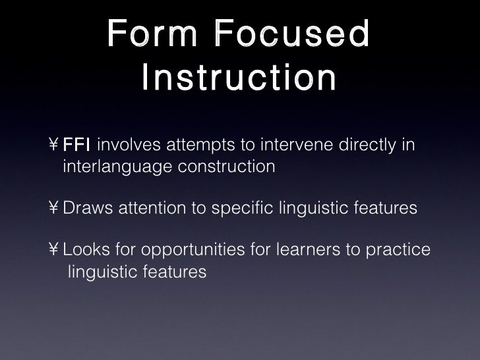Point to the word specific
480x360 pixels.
pos(240,209)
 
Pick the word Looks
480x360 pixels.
pos(87,251)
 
